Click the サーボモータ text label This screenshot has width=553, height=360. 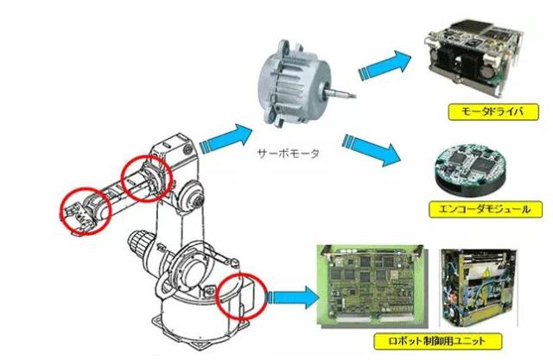289,154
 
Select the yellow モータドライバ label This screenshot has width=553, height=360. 474,112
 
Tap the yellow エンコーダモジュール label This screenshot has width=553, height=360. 474,210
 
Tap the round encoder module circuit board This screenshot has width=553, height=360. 473,165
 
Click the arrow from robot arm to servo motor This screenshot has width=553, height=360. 226,136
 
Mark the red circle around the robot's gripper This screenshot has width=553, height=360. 84,208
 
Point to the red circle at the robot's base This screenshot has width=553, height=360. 239,297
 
